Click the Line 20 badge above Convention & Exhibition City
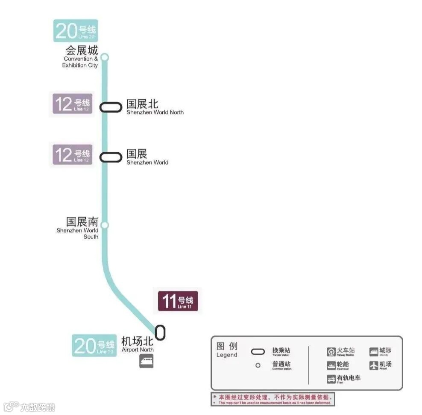click(x=76, y=31)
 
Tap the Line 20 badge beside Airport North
click(x=94, y=345)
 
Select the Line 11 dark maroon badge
click(x=178, y=301)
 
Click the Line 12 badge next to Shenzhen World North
click(x=72, y=104)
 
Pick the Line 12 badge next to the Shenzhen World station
click(x=72, y=154)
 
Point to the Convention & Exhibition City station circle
click(x=105, y=57)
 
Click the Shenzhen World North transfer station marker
click(x=111, y=107)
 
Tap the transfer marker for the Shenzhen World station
click(x=111, y=157)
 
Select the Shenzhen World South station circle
click(x=105, y=225)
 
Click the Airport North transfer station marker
click(x=160, y=332)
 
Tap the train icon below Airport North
click(x=146, y=362)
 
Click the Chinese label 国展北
click(x=142, y=104)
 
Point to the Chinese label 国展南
click(x=82, y=222)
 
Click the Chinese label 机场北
click(x=137, y=341)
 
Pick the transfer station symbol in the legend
click(x=258, y=352)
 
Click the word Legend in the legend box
click(x=226, y=355)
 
